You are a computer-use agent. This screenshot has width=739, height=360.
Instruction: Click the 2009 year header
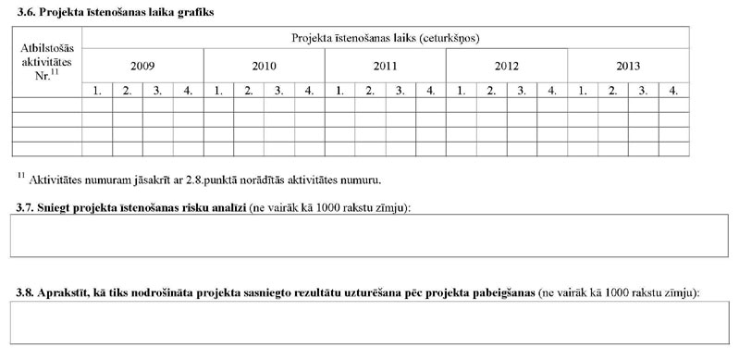[x=142, y=66]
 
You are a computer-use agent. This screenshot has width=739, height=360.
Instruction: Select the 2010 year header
[x=264, y=66]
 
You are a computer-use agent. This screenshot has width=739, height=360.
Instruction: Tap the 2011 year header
[x=385, y=66]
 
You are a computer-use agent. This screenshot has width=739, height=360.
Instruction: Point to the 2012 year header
[x=506, y=66]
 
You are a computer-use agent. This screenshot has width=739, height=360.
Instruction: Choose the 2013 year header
[x=628, y=66]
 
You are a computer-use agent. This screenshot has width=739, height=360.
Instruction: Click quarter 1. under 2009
[x=96, y=90]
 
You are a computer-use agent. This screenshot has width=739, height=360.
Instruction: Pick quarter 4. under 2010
[x=309, y=90]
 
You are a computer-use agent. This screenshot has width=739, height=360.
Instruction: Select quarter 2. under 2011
[x=370, y=90]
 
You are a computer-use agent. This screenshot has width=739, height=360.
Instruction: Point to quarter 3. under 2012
[x=522, y=90]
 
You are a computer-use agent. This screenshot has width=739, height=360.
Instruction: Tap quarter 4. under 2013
[x=673, y=90]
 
